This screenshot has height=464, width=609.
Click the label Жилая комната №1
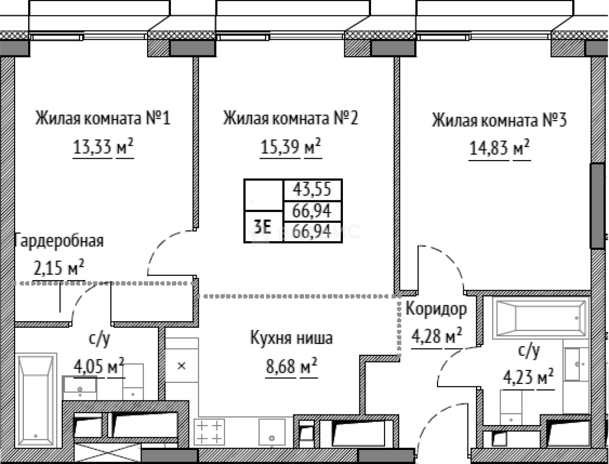click(102, 118)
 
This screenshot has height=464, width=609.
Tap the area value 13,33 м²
click(102, 146)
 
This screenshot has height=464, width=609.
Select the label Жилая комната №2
click(290, 118)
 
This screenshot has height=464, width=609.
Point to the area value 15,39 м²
click(290, 146)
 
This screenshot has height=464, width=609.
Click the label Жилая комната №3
click(499, 120)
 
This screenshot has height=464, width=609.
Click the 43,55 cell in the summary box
click(312, 189)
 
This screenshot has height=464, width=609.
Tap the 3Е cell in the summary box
click(263, 226)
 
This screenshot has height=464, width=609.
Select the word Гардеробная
click(59, 241)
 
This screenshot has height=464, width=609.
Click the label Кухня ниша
click(291, 338)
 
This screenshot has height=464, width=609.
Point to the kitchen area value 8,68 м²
click(291, 366)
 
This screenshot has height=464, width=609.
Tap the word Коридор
click(436, 309)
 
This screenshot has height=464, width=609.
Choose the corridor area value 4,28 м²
click(436, 335)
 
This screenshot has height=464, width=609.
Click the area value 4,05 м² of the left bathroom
click(99, 366)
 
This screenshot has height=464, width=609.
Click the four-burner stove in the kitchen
click(209, 431)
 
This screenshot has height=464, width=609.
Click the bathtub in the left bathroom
click(37, 401)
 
